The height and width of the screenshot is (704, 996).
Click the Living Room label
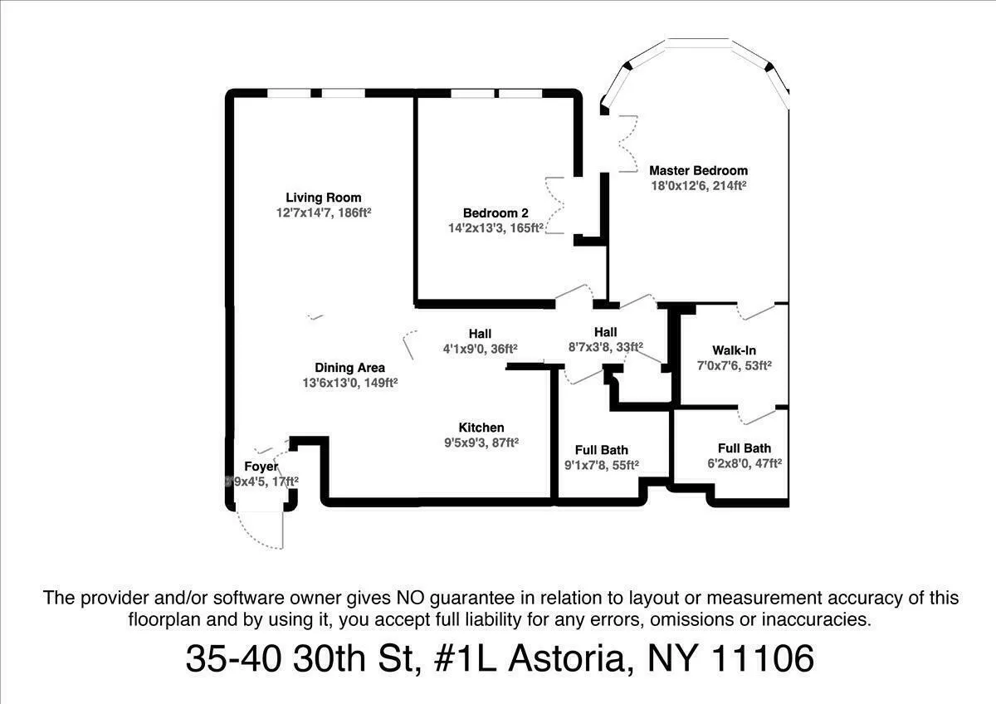click(324, 198)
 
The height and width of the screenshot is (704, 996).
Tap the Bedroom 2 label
click(496, 213)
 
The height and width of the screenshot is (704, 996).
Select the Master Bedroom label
click(698, 171)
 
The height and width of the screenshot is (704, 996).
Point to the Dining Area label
click(349, 368)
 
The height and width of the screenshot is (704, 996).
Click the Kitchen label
click(481, 428)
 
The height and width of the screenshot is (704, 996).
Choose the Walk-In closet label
click(734, 350)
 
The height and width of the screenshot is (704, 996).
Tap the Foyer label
click(261, 467)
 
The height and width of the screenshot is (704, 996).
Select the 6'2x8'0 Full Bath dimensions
click(745, 463)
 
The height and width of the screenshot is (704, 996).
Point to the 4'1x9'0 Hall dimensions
click(480, 349)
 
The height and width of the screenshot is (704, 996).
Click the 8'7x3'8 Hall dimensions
click(605, 348)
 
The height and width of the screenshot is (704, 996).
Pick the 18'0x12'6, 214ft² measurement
click(698, 187)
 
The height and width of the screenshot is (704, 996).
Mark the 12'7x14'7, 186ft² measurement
click(324, 213)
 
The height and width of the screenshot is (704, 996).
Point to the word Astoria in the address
click(564, 659)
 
